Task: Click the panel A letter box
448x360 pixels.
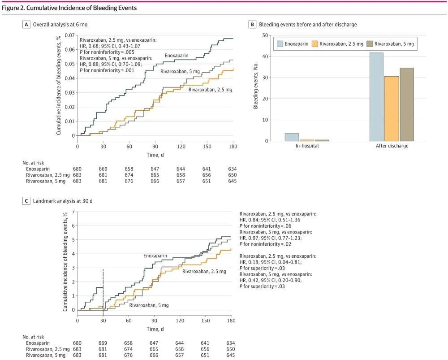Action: [26, 25]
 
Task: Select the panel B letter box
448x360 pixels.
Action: [252, 25]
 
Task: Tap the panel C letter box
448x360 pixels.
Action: [26, 201]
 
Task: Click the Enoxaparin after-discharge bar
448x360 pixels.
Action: [376, 97]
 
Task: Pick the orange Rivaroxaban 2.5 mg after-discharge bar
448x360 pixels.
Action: [392, 108]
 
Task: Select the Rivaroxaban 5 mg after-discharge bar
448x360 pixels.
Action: [407, 104]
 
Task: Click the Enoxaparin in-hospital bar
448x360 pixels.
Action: [292, 137]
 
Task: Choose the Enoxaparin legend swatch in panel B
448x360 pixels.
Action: [280, 44]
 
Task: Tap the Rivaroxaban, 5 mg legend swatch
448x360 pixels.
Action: [370, 44]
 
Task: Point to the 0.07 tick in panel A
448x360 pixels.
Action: [69, 35]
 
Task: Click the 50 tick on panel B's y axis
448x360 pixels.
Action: [265, 35]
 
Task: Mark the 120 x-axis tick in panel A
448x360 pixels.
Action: [181, 147]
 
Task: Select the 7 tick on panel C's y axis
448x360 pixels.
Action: [73, 212]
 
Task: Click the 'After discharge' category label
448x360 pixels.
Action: [392, 146]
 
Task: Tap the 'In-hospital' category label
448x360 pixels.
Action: [307, 146]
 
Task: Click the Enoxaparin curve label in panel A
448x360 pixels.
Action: [176, 56]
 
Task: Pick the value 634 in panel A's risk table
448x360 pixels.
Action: [232, 169]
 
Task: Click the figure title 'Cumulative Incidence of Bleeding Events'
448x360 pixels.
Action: [82, 8]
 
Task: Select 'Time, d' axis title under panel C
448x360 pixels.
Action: [155, 329]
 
